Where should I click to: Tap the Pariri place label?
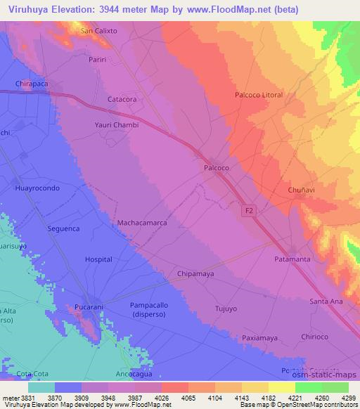[x=97, y=60]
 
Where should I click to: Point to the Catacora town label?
[x=122, y=100]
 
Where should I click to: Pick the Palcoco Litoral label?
[x=259, y=95]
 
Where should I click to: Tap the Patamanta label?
[x=292, y=259]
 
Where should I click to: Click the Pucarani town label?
[x=90, y=308]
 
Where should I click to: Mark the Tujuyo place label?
[x=227, y=309]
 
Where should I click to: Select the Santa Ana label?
[x=326, y=301]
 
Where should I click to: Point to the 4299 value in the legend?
[x=347, y=398]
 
